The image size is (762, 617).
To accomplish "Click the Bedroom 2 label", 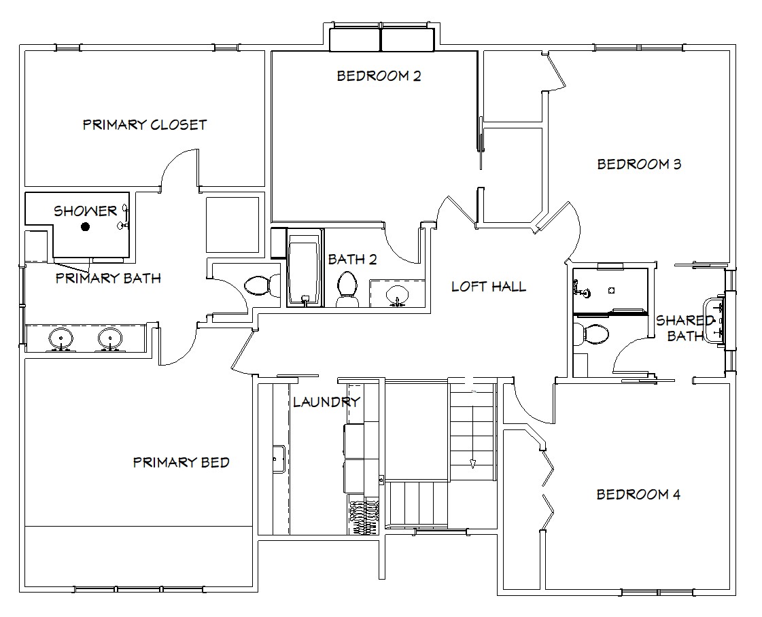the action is [x=379, y=76].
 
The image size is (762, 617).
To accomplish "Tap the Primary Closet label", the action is [x=145, y=125].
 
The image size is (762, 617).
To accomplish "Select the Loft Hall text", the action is [x=488, y=287].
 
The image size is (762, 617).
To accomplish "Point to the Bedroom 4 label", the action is [x=638, y=495].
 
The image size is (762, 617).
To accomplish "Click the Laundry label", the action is [x=326, y=402].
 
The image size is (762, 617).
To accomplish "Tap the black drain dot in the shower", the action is [x=86, y=226].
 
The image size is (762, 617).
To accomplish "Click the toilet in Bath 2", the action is [x=347, y=289].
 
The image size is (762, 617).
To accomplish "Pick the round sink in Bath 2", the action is [x=398, y=294].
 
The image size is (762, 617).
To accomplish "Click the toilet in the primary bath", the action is [x=262, y=285].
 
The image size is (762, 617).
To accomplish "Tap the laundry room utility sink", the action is [x=279, y=459].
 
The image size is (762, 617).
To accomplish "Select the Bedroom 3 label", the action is [x=639, y=164].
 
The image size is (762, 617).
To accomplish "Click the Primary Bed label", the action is [x=181, y=462].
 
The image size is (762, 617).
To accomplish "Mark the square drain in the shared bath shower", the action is [x=612, y=291].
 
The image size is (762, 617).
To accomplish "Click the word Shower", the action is [x=86, y=211].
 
